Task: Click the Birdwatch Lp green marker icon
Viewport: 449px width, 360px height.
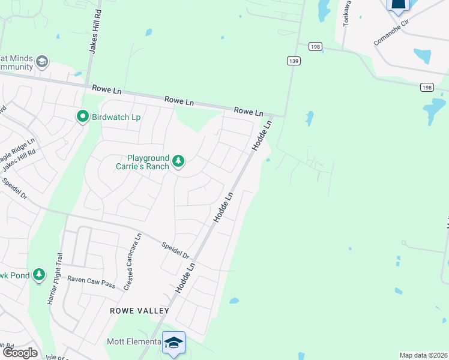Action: [83, 116]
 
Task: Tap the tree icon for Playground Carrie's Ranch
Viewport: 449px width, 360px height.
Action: [178, 161]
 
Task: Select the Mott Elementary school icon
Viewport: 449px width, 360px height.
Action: [173, 343]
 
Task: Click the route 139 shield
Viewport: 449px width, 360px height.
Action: [294, 61]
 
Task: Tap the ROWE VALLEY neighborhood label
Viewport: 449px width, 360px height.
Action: [139, 311]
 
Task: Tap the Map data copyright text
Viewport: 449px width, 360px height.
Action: [424, 355]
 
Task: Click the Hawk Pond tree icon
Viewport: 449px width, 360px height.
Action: [39, 275]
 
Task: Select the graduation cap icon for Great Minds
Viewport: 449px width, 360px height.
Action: [42, 62]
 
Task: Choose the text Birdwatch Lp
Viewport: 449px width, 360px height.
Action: [116, 117]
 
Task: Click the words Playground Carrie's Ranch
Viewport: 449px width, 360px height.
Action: [142, 161]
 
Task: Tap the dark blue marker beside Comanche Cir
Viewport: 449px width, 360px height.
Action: [398, 5]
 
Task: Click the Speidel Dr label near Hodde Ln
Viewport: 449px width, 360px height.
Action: [175, 250]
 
